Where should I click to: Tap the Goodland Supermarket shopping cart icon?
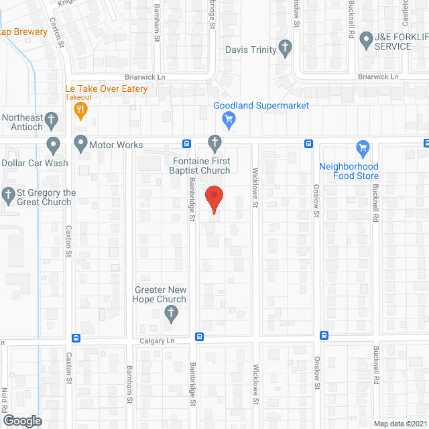(229, 121)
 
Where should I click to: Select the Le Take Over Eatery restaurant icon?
(81, 111)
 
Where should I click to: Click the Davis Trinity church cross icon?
(286, 48)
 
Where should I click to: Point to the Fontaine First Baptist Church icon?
(214, 142)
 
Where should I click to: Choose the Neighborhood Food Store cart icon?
(363, 148)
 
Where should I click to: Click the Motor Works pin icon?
(81, 143)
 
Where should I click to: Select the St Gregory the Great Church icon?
(8, 196)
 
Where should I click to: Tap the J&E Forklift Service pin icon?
(367, 40)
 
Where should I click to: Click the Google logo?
(21, 421)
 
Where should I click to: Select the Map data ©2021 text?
(400, 424)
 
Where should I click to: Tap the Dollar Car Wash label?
(35, 162)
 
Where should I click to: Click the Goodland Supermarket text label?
(261, 106)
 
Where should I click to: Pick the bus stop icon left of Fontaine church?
(186, 143)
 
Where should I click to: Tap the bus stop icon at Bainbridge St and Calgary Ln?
(199, 336)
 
